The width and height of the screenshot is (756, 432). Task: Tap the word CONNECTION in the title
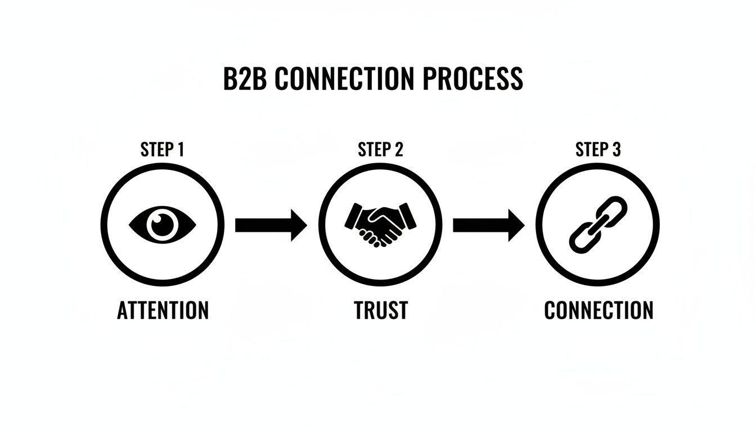[x=345, y=79]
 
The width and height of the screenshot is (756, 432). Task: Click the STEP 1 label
[x=162, y=150]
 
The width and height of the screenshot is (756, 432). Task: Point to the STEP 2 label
[x=380, y=150]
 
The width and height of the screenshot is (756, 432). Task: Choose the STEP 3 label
[x=598, y=150]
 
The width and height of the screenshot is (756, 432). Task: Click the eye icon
[x=163, y=225]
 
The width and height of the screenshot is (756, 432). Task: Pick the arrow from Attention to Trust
[x=271, y=225]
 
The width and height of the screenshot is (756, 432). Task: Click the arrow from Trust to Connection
[x=488, y=225]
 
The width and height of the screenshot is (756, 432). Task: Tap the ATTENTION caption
[x=163, y=310]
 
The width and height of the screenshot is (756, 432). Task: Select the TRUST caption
[x=381, y=310]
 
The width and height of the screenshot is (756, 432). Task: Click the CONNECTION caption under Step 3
[x=598, y=310]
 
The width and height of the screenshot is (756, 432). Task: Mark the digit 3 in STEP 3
[x=616, y=150]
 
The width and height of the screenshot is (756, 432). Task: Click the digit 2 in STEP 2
[x=398, y=150]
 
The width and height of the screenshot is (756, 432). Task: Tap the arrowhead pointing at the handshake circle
[x=298, y=225]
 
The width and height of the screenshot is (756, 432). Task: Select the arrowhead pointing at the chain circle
[x=516, y=225]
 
